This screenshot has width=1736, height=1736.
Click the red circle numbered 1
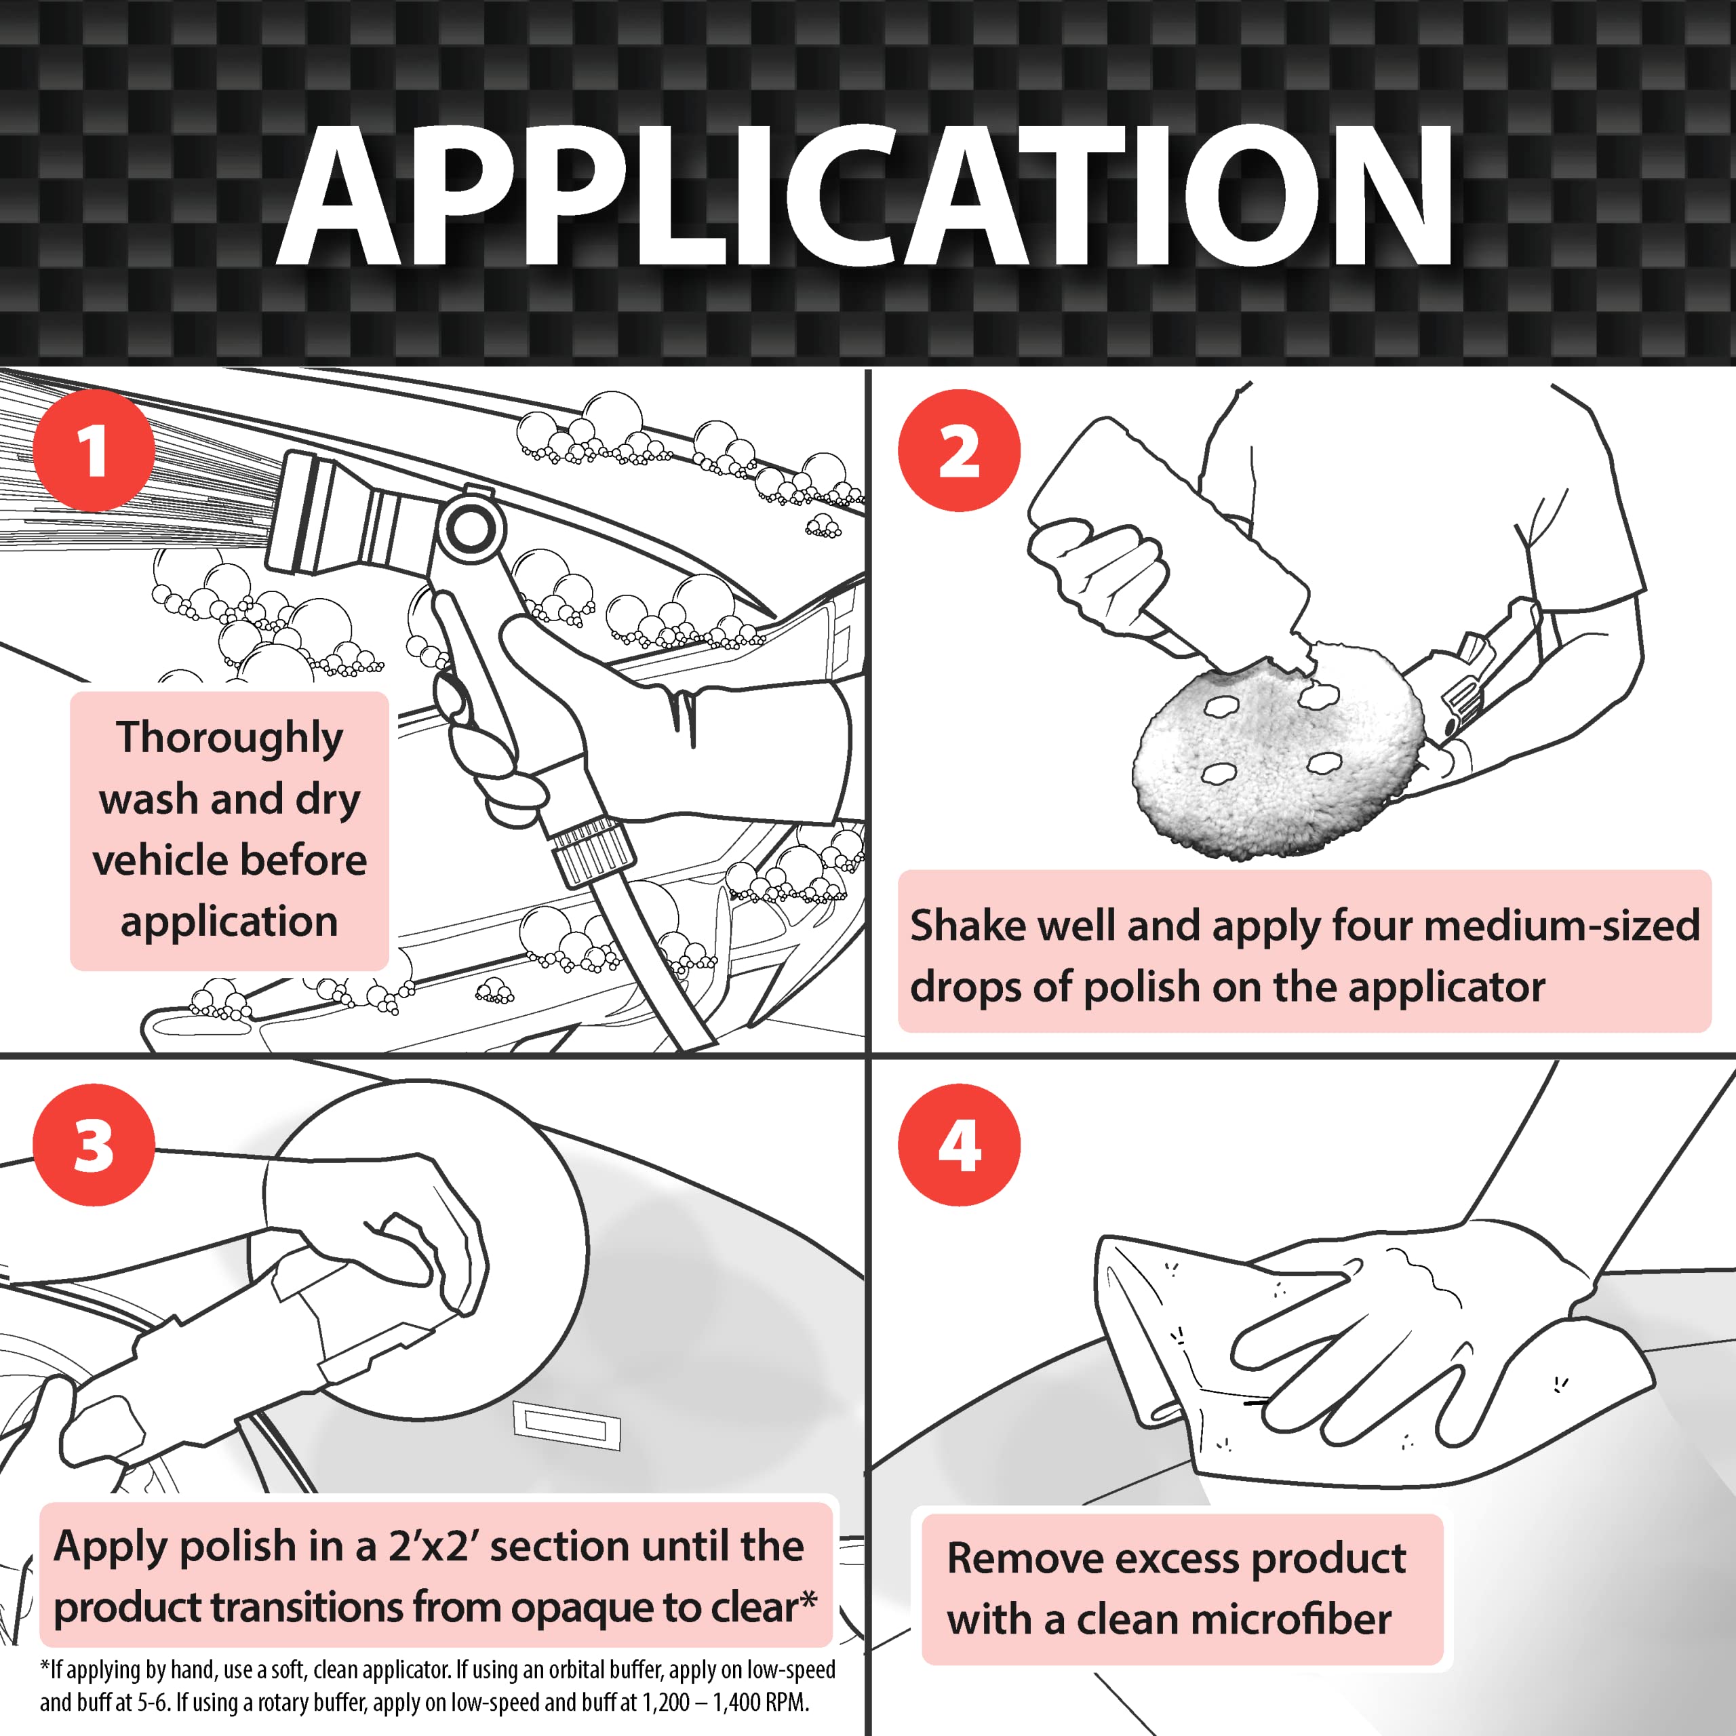pos(94,450)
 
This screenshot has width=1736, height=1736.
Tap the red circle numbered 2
pos(959,450)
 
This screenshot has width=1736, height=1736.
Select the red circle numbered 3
pos(94,1145)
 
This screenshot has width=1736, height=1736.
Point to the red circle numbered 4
pos(959,1145)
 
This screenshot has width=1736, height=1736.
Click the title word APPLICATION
pos(865,196)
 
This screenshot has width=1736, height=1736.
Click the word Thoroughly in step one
pos(229,738)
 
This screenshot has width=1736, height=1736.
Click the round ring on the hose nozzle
pos(469,528)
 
